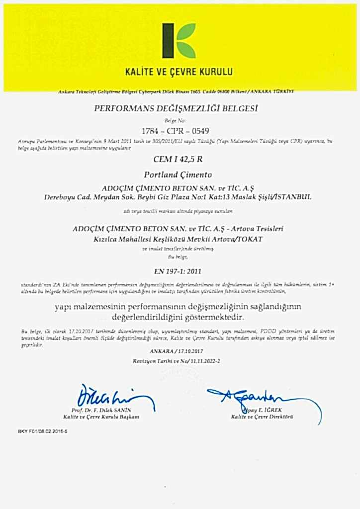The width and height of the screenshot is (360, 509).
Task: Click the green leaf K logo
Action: coord(179,40)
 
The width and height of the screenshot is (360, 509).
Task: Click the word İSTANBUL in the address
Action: coord(293,197)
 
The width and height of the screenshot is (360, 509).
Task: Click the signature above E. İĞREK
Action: coord(249,398)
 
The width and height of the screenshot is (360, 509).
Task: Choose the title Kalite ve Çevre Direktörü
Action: coord(262,417)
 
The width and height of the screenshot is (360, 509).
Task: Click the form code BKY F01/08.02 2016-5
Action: coord(43,431)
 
